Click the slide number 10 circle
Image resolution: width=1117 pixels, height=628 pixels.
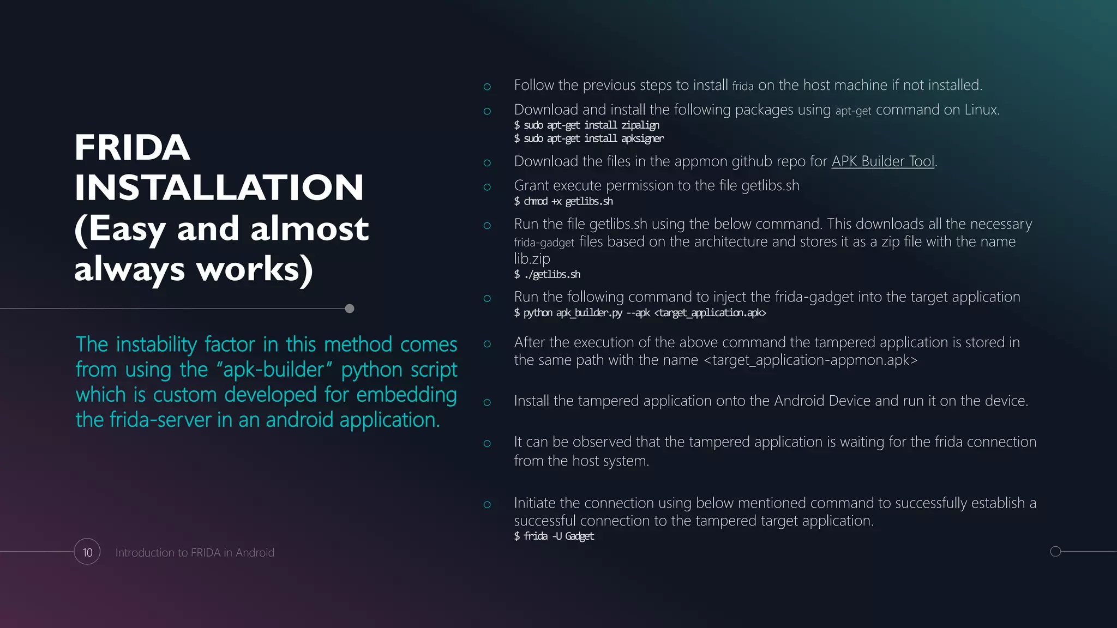click(87, 552)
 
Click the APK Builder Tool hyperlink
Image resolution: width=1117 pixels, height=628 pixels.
click(882, 161)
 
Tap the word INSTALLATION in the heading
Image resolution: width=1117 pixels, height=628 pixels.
click(219, 188)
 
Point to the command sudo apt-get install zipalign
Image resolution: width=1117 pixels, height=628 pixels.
click(586, 125)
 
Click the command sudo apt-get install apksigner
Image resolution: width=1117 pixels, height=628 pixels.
click(589, 138)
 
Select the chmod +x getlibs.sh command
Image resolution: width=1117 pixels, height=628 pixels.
click(563, 201)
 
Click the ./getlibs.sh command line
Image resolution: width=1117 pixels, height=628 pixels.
click(547, 274)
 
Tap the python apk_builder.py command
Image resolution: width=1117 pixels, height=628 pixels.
click(640, 312)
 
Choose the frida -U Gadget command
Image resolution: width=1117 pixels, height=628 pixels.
click(554, 536)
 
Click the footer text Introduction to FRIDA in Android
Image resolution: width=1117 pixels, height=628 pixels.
click(195, 552)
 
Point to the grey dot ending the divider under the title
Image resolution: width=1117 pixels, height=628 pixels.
click(350, 309)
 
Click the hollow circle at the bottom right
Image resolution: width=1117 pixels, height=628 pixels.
click(1055, 551)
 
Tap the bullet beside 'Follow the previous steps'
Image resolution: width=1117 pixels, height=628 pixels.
click(487, 87)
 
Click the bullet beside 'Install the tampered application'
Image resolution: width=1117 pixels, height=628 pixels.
click(487, 402)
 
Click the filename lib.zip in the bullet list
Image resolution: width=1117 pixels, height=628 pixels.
click(532, 258)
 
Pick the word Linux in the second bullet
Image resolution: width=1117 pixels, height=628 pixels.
click(981, 110)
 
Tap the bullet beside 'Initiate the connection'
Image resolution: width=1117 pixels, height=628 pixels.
click(487, 504)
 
